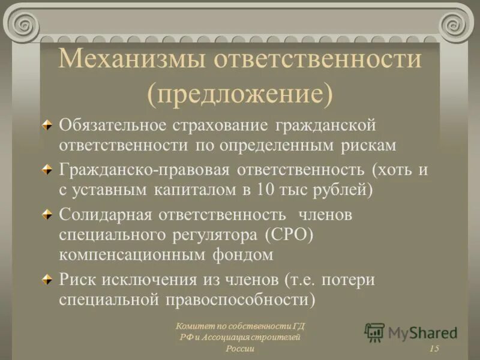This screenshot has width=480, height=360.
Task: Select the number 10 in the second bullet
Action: (x=268, y=190)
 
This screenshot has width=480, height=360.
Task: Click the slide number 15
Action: (x=434, y=349)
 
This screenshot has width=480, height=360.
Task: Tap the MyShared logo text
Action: (x=422, y=332)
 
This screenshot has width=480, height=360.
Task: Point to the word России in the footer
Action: (x=240, y=349)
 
